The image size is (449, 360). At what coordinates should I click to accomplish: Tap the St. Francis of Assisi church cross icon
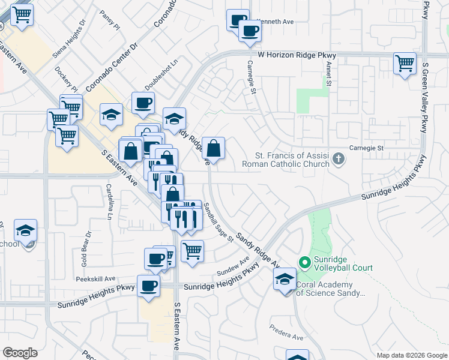tap(339, 159)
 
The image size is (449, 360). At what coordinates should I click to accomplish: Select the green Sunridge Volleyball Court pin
tap(304, 262)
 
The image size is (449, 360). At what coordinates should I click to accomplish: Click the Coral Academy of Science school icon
tap(285, 279)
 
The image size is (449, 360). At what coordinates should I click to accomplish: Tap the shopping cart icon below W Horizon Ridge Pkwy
tap(405, 62)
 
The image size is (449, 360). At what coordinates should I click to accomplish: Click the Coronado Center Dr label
tap(112, 67)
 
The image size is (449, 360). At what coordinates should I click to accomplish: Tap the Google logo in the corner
tap(20, 353)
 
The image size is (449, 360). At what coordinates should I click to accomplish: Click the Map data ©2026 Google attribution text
tap(411, 355)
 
